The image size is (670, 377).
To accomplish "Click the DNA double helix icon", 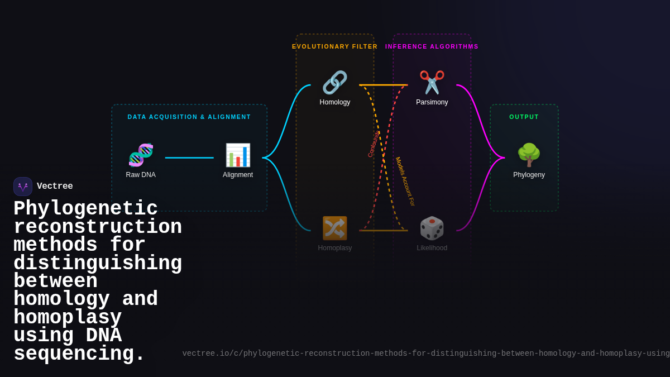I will [x=141, y=155].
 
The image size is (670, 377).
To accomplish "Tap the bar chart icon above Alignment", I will [x=238, y=155].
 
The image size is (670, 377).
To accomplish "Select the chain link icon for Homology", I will [x=335, y=83].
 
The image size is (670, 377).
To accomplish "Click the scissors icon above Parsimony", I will [x=432, y=83].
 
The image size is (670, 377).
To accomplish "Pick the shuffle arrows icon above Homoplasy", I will [x=335, y=228].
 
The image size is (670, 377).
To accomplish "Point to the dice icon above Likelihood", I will [x=432, y=228].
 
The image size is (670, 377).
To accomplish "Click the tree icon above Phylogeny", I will [x=529, y=155].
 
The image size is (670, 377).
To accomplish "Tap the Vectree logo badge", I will [x=23, y=187].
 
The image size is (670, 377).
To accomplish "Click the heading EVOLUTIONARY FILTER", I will [x=335, y=46].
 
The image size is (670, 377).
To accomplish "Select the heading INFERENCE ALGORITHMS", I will [x=432, y=46].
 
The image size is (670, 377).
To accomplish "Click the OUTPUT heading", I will [x=524, y=117].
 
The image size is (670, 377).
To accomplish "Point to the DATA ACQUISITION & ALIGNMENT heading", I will [x=189, y=117].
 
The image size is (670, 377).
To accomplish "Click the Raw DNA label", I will [x=141, y=175].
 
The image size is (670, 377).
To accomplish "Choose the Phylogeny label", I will [x=529, y=175].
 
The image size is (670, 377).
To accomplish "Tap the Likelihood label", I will [x=432, y=248].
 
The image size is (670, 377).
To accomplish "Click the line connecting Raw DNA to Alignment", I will [x=189, y=158].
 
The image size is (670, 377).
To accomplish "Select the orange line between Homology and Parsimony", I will [x=384, y=85].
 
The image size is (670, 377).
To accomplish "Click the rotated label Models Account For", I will [x=405, y=182].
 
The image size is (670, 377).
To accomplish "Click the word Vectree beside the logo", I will [x=55, y=187].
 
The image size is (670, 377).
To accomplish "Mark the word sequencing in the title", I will [x=79, y=354].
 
